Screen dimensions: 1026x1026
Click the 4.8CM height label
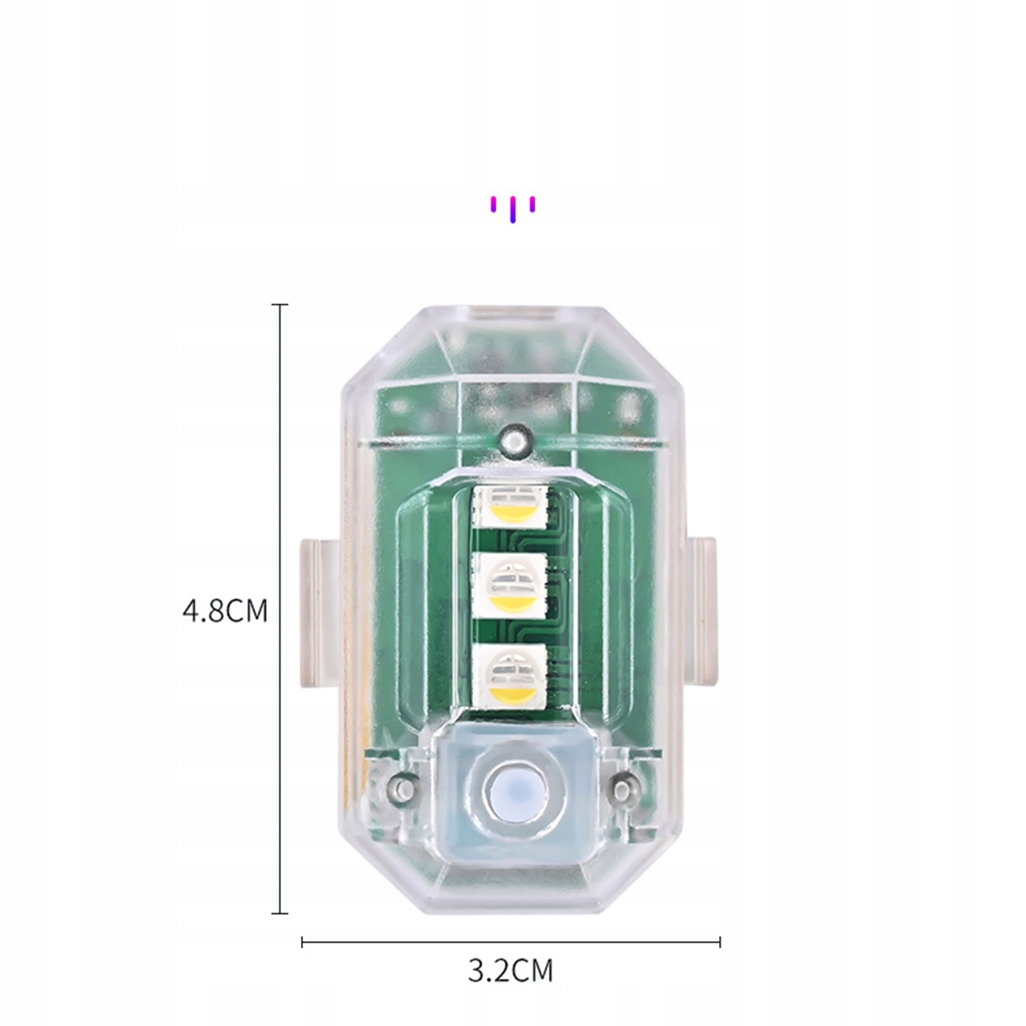[225, 611]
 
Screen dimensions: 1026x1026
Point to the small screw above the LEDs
[515, 441]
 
